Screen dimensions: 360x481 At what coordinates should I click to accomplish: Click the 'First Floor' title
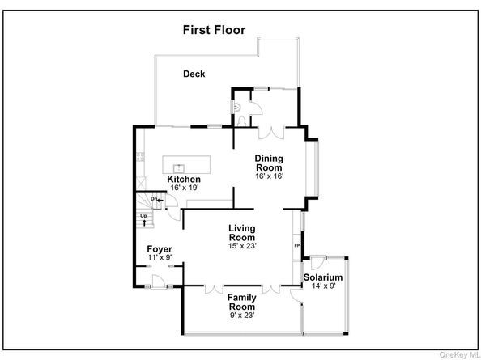click(x=213, y=31)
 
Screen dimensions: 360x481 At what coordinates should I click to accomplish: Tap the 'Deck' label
click(x=194, y=74)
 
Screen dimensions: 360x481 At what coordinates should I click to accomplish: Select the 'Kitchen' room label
click(x=184, y=179)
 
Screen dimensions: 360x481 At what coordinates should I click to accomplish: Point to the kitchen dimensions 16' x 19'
click(x=185, y=188)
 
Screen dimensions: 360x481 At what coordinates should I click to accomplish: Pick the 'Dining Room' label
click(x=269, y=163)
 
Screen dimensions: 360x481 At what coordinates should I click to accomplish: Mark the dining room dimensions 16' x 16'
click(x=269, y=176)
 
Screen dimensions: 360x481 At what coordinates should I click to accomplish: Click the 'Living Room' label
click(x=242, y=233)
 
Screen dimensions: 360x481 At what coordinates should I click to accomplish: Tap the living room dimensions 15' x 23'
click(x=242, y=246)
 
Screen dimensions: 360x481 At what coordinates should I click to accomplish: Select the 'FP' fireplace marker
click(x=296, y=244)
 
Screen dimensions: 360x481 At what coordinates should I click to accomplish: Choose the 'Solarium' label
click(x=323, y=278)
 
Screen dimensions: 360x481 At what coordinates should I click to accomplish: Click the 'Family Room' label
click(x=241, y=303)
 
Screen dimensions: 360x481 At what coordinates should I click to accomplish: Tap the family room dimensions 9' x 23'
click(x=241, y=316)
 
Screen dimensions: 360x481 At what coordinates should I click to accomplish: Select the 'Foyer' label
click(x=159, y=248)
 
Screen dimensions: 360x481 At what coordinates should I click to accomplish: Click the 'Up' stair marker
click(x=144, y=217)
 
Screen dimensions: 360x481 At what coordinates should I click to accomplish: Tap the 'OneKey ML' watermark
click(x=458, y=354)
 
